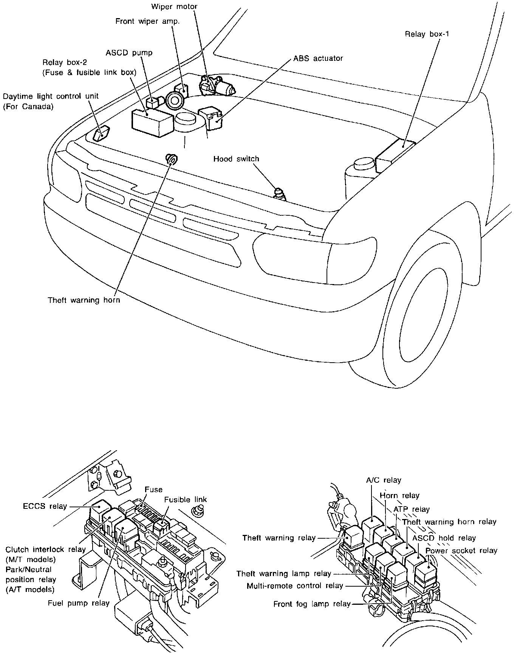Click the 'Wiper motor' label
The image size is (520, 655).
[x=174, y=7]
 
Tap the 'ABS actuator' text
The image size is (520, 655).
[x=318, y=59]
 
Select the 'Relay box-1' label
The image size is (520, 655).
[x=427, y=34]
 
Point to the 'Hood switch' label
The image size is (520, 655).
[x=236, y=159]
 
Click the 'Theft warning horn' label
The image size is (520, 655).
[x=84, y=300]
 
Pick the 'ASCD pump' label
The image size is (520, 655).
[x=129, y=53]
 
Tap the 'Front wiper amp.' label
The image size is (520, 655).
[x=147, y=21]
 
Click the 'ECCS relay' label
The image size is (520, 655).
[x=45, y=506]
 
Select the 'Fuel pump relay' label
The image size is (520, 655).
[x=79, y=603]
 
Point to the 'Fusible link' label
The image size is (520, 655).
[x=186, y=499]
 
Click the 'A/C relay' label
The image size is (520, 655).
[x=383, y=480]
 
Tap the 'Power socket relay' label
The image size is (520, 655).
[x=461, y=550]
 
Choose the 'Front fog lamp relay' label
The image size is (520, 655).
[x=312, y=604]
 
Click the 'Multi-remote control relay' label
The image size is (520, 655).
[x=295, y=586]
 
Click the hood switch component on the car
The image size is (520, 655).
[x=280, y=193]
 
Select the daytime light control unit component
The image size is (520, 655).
[x=101, y=133]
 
